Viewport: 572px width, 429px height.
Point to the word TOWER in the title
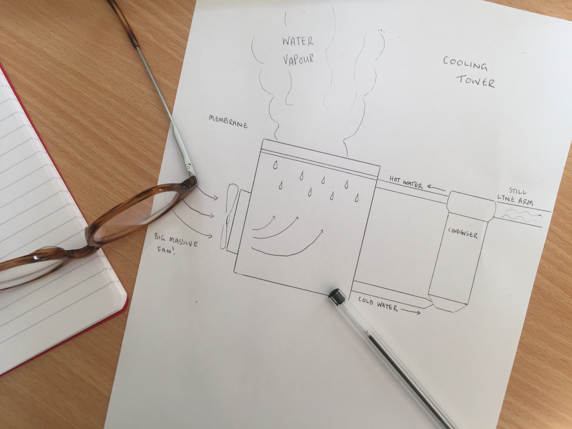click(x=476, y=81)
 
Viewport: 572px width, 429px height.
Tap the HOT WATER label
click(x=406, y=182)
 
